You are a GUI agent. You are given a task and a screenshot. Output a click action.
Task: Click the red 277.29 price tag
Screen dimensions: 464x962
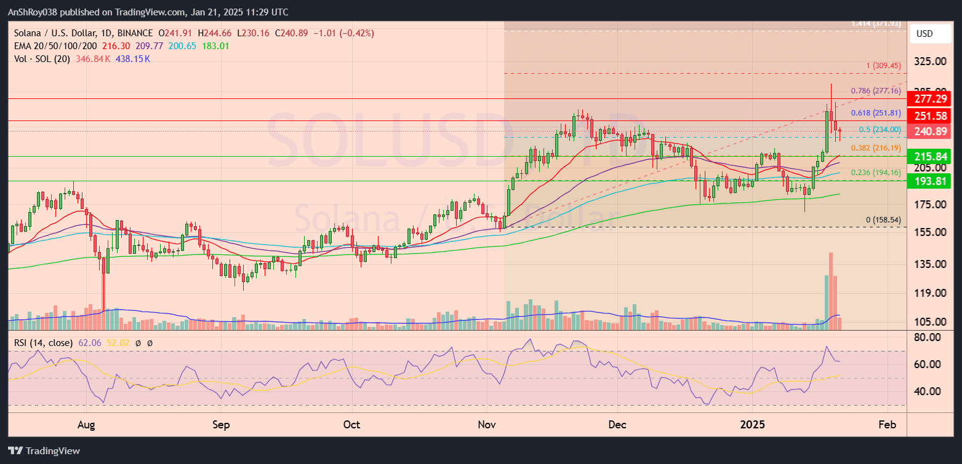pyautogui.click(x=933, y=98)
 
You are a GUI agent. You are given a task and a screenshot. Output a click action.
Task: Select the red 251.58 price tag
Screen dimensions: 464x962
pyautogui.click(x=933, y=116)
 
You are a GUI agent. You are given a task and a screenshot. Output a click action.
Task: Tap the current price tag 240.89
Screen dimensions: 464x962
pyautogui.click(x=933, y=131)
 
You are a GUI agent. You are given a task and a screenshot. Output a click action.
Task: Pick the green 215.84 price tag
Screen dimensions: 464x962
pyautogui.click(x=933, y=156)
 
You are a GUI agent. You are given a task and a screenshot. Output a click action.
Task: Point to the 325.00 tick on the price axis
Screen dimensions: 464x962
pyautogui.click(x=930, y=61)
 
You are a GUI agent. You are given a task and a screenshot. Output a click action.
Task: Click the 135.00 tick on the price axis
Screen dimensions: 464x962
pyautogui.click(x=930, y=264)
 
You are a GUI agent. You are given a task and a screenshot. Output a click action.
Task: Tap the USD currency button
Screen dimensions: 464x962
pyautogui.click(x=925, y=33)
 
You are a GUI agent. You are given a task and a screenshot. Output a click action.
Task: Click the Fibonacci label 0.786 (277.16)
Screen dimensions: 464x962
pyautogui.click(x=876, y=91)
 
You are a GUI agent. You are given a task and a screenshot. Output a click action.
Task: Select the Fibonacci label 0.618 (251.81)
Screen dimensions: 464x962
pyautogui.click(x=876, y=113)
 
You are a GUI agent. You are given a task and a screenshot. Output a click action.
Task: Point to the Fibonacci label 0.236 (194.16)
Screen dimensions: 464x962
pyautogui.click(x=876, y=173)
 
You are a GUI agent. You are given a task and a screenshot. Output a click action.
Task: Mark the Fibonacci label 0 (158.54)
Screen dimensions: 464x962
pyautogui.click(x=883, y=219)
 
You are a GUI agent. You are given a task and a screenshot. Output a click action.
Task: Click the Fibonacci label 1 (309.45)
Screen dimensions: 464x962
pyautogui.click(x=883, y=66)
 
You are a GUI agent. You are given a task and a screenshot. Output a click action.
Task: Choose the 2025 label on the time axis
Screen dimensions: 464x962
pyautogui.click(x=752, y=425)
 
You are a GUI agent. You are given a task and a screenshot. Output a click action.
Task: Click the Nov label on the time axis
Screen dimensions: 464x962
pyautogui.click(x=487, y=425)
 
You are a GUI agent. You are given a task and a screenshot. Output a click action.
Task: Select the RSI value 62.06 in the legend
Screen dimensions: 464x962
pyautogui.click(x=89, y=342)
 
